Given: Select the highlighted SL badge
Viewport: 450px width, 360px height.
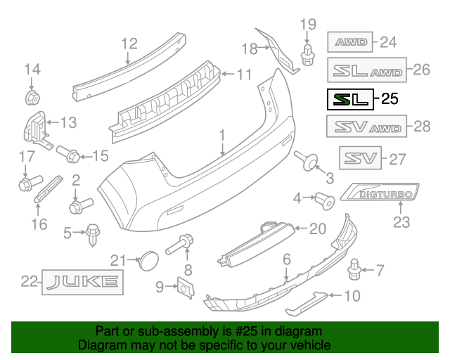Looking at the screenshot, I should [349, 99].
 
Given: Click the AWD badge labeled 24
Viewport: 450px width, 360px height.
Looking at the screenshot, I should [352, 42].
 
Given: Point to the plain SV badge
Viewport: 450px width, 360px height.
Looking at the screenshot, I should [359, 158].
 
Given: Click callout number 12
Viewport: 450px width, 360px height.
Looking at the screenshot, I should [128, 44].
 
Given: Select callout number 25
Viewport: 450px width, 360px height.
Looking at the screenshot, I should [390, 99].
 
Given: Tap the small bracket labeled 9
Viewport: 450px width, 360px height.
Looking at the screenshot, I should [185, 287].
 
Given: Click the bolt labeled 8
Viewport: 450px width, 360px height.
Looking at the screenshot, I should [181, 245].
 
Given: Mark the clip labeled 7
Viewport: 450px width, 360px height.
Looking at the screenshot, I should [355, 268].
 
